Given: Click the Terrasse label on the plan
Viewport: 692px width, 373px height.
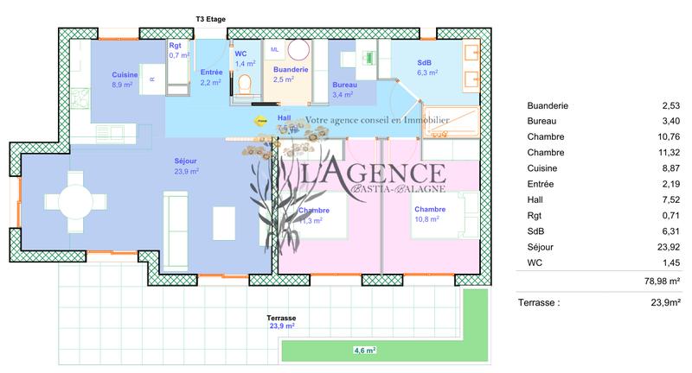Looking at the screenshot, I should (x=281, y=318).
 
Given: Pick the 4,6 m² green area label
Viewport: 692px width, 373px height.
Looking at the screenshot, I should (x=365, y=351).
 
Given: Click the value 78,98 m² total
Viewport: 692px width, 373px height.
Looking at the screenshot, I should (x=660, y=281).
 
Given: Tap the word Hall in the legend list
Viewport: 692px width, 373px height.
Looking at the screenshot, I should (x=535, y=199).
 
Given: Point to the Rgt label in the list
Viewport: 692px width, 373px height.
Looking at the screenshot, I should (x=535, y=215).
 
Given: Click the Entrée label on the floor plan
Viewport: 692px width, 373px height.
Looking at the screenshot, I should (x=211, y=73).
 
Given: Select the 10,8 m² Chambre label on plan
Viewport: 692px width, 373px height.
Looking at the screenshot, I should (x=430, y=210).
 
